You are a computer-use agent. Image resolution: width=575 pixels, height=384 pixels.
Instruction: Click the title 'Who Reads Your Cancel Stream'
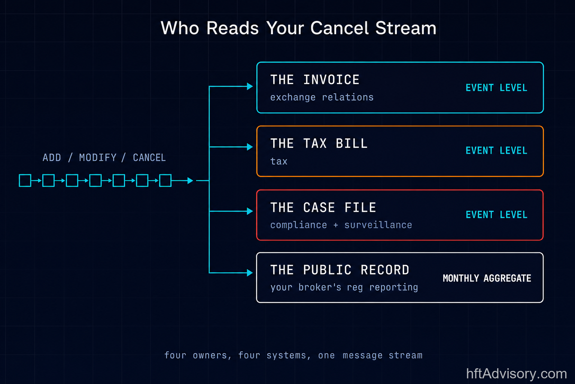click(298, 28)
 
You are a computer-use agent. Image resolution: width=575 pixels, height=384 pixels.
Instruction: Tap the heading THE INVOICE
click(315, 79)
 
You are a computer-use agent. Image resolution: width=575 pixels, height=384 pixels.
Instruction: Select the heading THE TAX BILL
click(319, 143)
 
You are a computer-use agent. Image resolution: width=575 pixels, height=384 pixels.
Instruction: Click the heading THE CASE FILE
click(323, 207)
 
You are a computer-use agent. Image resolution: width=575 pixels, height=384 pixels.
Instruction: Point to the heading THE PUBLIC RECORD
click(340, 270)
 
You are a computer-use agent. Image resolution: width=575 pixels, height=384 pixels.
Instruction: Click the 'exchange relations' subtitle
click(322, 97)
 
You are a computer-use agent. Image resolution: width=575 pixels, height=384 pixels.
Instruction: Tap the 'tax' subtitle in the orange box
click(279, 161)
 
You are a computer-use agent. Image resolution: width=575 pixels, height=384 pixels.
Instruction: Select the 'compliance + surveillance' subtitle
click(341, 225)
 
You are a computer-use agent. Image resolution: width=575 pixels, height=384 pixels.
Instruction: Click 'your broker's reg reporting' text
click(344, 287)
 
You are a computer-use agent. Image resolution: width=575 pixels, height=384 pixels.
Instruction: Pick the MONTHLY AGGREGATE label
click(487, 278)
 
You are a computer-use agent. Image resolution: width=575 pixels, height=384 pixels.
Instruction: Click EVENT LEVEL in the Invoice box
click(496, 88)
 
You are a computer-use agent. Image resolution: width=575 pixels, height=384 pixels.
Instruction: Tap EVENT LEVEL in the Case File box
click(496, 214)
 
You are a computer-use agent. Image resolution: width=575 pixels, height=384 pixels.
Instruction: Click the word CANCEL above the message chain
click(149, 157)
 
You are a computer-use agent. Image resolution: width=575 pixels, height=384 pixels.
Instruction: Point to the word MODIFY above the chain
click(98, 157)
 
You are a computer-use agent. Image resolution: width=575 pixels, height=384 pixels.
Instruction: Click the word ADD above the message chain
click(52, 157)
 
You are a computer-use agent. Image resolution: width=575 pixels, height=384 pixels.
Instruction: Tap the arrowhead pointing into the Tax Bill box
click(250, 147)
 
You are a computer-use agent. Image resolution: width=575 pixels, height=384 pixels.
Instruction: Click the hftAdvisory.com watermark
click(517, 374)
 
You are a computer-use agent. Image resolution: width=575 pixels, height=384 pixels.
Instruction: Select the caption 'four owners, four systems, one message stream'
click(293, 355)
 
